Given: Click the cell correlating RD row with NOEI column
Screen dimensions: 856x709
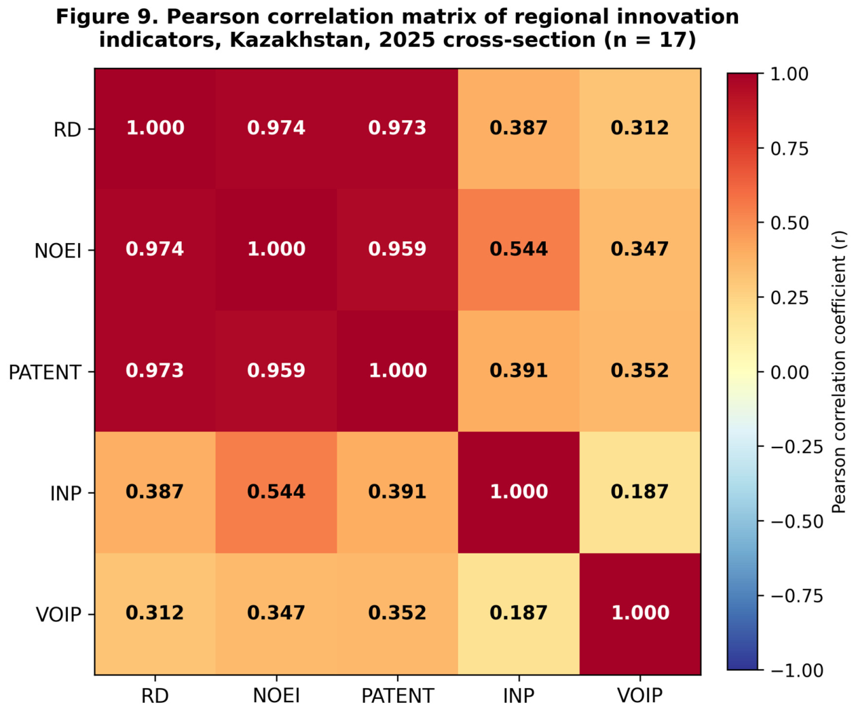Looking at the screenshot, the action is (276, 128).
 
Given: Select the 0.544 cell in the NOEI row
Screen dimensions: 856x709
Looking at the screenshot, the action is (519, 250).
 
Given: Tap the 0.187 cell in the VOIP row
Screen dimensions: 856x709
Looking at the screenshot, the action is (519, 613).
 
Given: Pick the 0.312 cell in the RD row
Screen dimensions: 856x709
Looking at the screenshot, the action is (640, 128).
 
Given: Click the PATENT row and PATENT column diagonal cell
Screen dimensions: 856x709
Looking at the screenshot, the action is (398, 371).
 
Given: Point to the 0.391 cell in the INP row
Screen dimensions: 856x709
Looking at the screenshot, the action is (398, 492).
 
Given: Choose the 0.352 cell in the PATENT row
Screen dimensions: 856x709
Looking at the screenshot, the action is (640, 371).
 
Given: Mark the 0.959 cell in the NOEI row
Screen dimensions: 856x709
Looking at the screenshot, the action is (398, 250).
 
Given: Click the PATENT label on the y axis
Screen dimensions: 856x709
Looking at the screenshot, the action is (45, 373).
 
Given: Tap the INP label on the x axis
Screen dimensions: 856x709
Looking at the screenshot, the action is (519, 695).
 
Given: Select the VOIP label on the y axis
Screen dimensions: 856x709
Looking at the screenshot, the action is (58, 615).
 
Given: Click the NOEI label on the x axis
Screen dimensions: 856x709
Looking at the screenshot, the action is (276, 695).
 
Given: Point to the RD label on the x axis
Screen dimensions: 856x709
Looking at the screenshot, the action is (155, 695).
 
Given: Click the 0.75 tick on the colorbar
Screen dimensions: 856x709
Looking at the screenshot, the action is (760, 149).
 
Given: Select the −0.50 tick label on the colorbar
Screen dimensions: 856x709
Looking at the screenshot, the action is (796, 522).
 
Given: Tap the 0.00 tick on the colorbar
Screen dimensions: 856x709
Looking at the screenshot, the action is (760, 372).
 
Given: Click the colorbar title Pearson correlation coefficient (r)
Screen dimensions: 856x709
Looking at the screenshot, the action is (839, 371).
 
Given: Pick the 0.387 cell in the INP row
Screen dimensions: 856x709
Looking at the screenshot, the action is (155, 492).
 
